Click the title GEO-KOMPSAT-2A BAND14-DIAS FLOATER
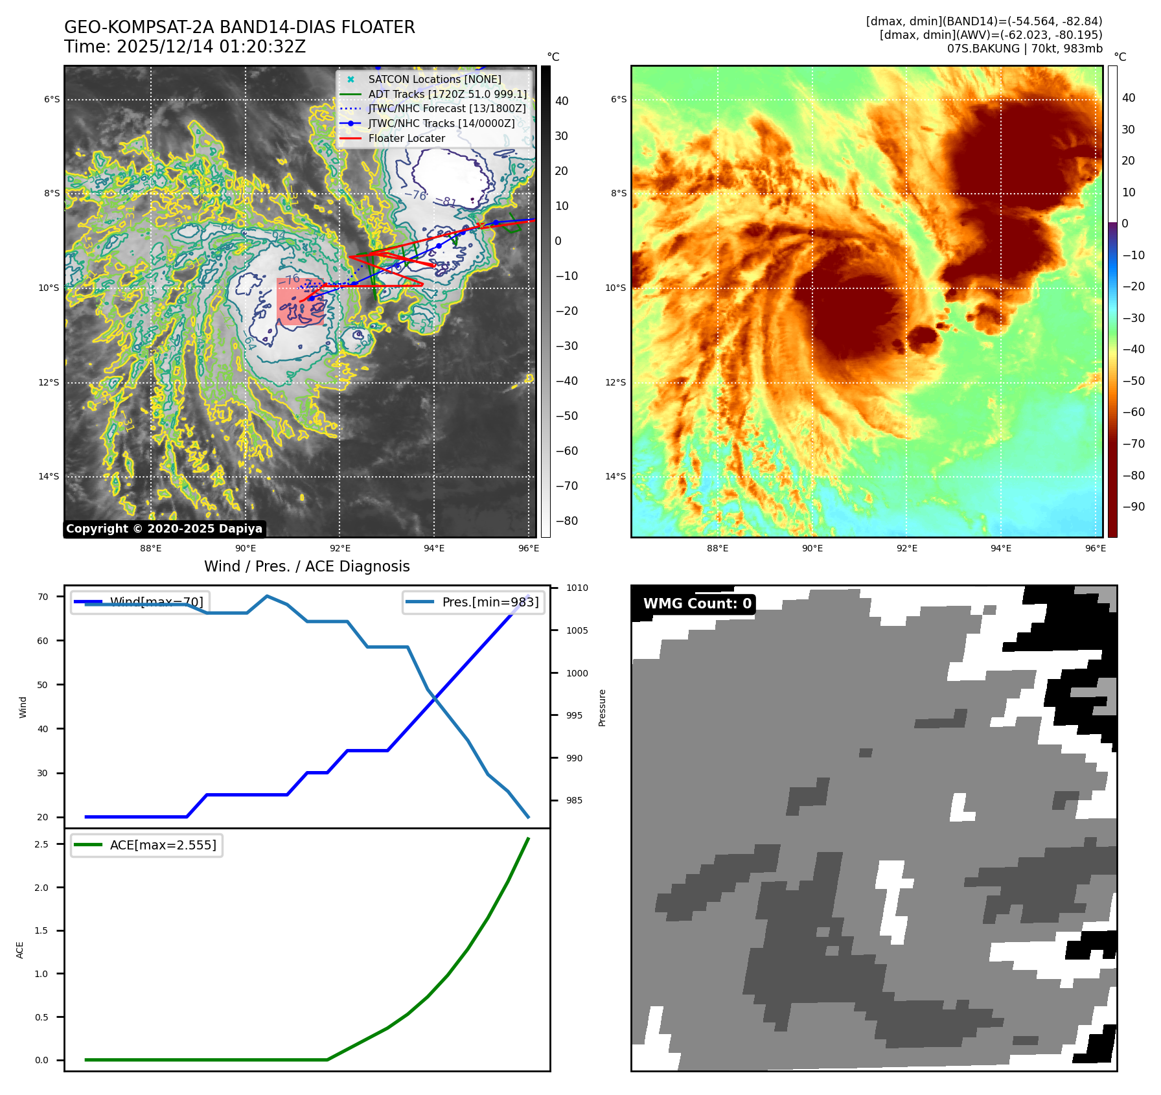click(x=239, y=27)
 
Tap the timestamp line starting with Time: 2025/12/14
click(x=185, y=47)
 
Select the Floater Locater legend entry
click(x=406, y=138)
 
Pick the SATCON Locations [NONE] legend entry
click(x=434, y=79)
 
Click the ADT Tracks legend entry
click(x=447, y=94)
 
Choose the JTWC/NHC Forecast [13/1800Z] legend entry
click(x=447, y=108)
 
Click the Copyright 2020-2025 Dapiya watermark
click(x=164, y=529)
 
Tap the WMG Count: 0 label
click(x=697, y=604)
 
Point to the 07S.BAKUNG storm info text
click(x=1024, y=49)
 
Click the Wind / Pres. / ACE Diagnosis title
click(x=306, y=566)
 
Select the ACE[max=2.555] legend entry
click(x=163, y=845)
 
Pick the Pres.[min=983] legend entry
click(x=490, y=602)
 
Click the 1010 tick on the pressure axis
click(x=577, y=588)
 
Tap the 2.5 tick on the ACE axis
click(x=41, y=844)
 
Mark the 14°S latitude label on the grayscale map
click(x=49, y=476)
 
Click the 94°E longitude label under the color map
click(x=1001, y=548)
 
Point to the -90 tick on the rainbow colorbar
click(x=1133, y=507)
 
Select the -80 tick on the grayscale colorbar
click(x=566, y=521)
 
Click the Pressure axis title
click(x=602, y=708)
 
